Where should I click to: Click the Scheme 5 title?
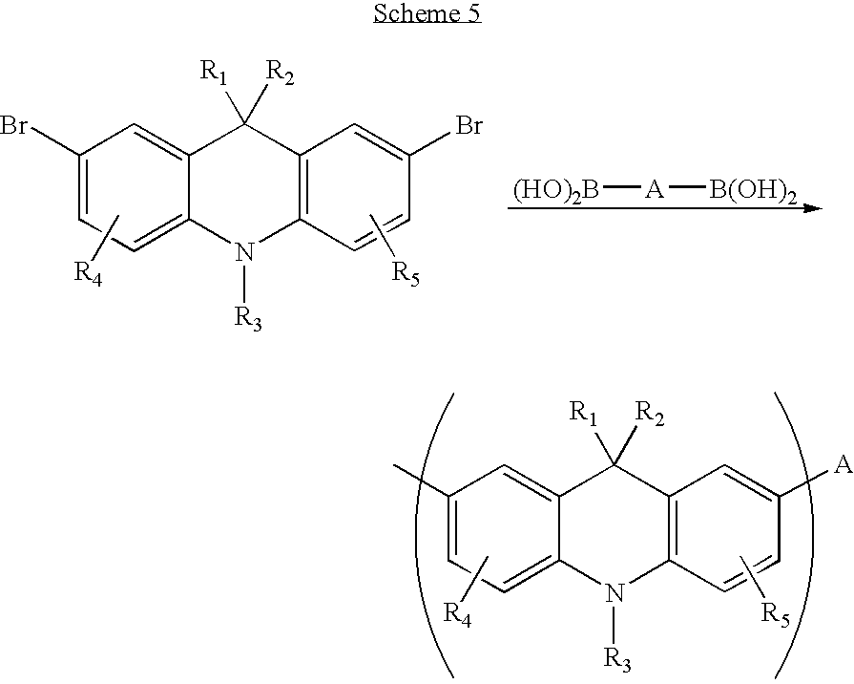click(x=427, y=13)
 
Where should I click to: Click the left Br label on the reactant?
click(x=14, y=126)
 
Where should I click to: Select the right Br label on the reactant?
click(x=469, y=126)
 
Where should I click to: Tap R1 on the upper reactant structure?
click(x=214, y=73)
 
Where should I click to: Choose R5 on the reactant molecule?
click(x=406, y=273)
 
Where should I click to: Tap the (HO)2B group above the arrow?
click(x=556, y=191)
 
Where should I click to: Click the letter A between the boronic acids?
click(x=655, y=190)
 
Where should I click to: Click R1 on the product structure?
click(x=583, y=413)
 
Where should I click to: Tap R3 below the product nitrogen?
click(x=618, y=659)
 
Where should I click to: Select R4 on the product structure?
click(x=457, y=614)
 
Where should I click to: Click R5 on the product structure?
click(x=776, y=614)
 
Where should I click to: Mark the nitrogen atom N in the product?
click(x=615, y=592)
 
